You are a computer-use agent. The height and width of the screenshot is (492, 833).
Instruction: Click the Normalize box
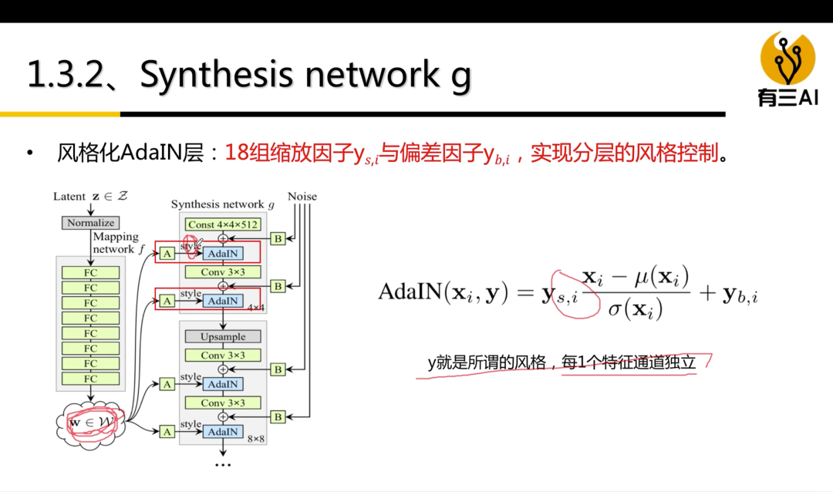click(x=90, y=223)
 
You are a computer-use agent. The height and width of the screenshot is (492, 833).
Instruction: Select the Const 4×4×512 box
click(x=223, y=224)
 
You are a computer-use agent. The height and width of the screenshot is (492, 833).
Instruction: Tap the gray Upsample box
click(x=223, y=336)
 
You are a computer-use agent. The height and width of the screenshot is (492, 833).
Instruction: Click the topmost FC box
click(x=90, y=272)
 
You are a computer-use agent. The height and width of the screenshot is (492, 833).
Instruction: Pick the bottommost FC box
click(x=90, y=379)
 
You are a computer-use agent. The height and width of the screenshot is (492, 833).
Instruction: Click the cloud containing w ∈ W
click(x=91, y=423)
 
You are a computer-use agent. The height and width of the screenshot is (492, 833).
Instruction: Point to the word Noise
click(x=302, y=197)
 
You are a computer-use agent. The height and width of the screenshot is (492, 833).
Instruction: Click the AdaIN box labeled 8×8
click(x=224, y=432)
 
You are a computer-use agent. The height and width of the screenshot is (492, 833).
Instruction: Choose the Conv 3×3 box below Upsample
click(x=223, y=356)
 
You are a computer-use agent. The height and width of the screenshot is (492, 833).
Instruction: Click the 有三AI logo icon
click(x=787, y=58)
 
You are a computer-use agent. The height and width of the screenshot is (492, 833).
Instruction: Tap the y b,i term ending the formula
click(x=740, y=295)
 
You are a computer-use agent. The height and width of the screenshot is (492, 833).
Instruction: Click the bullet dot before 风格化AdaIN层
click(x=30, y=153)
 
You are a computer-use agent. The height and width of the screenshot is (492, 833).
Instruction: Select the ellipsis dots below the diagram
click(x=223, y=465)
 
